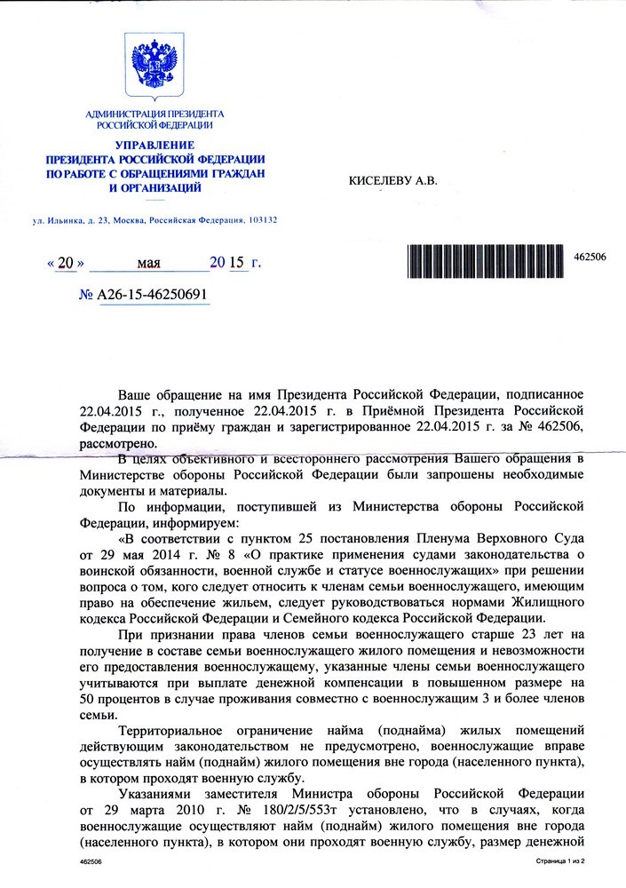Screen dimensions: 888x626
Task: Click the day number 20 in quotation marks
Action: (66, 264)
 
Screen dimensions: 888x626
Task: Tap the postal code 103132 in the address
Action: (259, 219)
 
